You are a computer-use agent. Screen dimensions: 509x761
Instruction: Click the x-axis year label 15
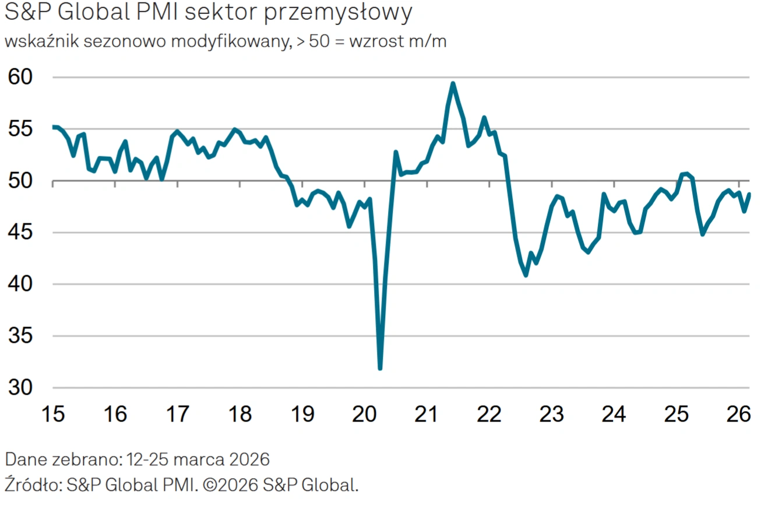52,415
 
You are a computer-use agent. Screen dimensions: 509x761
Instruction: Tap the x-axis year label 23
551,415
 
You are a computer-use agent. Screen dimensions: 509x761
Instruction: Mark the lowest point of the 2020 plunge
380,368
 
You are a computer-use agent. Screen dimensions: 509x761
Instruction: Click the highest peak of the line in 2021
453,83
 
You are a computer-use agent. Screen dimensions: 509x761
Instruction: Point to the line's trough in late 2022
526,275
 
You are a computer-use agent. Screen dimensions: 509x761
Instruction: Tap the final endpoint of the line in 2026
749,194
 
